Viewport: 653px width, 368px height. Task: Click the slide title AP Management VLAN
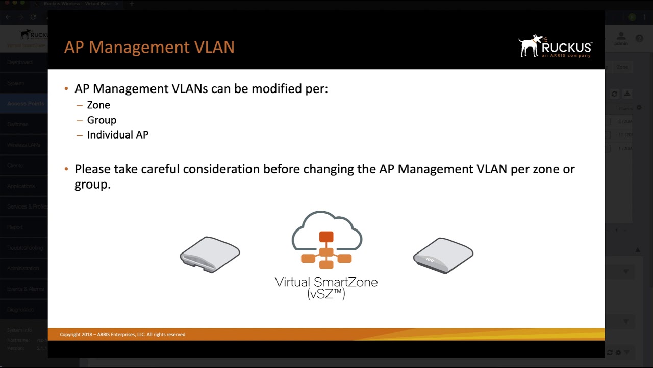point(149,47)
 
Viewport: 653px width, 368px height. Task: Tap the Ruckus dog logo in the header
point(531,45)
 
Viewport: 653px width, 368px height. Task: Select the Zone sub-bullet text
point(98,105)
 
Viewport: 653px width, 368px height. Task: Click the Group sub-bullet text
point(102,120)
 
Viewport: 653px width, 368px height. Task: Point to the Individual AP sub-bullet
point(117,135)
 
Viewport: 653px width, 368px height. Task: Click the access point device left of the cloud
point(210,255)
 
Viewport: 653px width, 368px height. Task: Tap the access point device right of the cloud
point(443,255)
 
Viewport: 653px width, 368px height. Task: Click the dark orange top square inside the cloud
point(326,237)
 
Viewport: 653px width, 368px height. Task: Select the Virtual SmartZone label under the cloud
point(326,282)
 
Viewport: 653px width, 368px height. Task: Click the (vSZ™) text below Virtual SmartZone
point(326,293)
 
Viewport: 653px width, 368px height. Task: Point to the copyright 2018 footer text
point(122,335)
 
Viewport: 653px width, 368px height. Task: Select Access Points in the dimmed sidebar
point(26,104)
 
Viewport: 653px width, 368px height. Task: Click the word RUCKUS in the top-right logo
point(566,48)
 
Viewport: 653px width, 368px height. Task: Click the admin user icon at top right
point(621,37)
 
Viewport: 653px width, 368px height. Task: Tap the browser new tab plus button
point(132,4)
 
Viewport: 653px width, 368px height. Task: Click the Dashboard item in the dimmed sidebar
point(20,62)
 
